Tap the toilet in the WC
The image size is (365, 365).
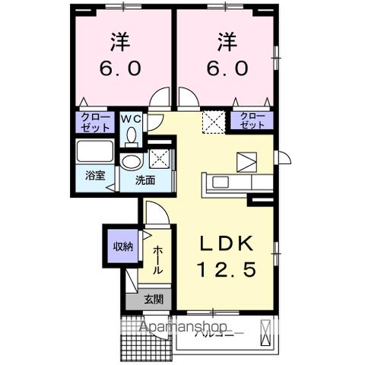131,135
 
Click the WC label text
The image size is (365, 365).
131,118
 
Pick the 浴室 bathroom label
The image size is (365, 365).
95,176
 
